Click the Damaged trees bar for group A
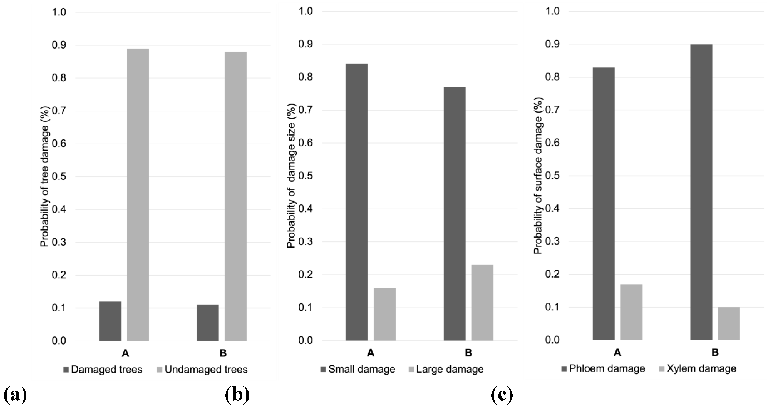[110, 321]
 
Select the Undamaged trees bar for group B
[236, 196]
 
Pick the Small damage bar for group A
[357, 202]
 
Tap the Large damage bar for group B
[482, 303]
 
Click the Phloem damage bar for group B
[701, 192]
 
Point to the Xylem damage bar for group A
[631, 312]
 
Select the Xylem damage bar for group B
[729, 324]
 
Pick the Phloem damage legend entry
[603, 369]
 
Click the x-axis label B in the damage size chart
[468, 353]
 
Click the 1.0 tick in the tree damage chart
[59, 12]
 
